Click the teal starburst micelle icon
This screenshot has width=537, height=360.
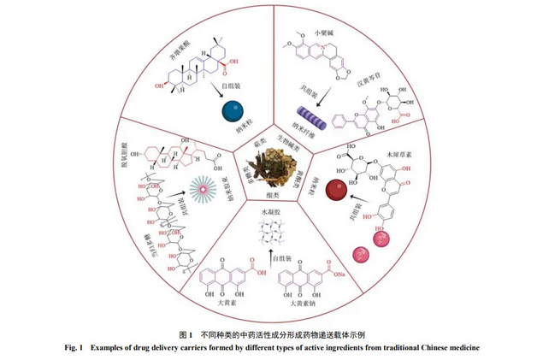[x=202, y=186]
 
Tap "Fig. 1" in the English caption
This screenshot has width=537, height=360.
[x=74, y=347]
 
